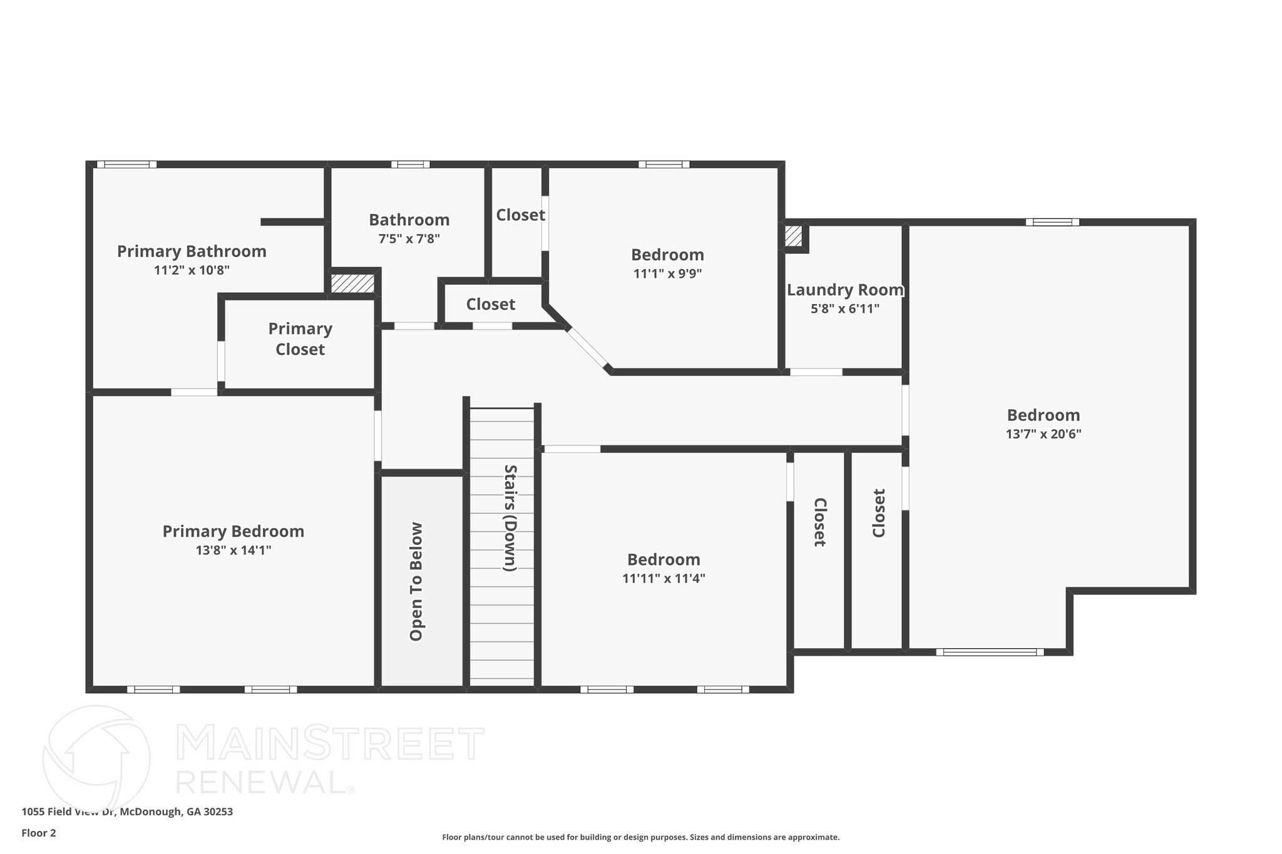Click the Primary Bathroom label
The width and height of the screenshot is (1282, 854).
[192, 252]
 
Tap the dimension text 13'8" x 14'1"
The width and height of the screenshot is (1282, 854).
[233, 551]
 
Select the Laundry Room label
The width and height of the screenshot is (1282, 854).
[844, 290]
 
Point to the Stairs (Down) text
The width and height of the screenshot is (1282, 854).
[510, 518]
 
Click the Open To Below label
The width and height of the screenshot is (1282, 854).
[416, 581]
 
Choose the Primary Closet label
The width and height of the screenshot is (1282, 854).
[300, 339]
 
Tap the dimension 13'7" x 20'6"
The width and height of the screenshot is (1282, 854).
[1043, 434]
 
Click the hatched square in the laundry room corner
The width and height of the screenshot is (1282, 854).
[793, 236]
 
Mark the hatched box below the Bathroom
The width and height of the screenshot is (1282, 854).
[352, 283]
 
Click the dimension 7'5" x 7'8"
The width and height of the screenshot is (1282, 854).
[409, 239]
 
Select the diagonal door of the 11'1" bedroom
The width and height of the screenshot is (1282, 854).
[587, 348]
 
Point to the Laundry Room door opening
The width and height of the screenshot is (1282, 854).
[816, 372]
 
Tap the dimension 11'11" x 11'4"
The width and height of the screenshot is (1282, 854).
[664, 579]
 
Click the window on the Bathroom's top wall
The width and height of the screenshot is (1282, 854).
[410, 165]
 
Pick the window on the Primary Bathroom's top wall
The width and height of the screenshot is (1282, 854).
[126, 165]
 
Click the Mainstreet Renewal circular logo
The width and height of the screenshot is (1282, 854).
[96, 758]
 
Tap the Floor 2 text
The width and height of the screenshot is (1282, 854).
[39, 833]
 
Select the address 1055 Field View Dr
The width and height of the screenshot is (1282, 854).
[127, 812]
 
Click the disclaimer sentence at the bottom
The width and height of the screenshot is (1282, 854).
[640, 837]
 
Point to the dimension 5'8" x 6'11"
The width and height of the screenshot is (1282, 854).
[844, 309]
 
